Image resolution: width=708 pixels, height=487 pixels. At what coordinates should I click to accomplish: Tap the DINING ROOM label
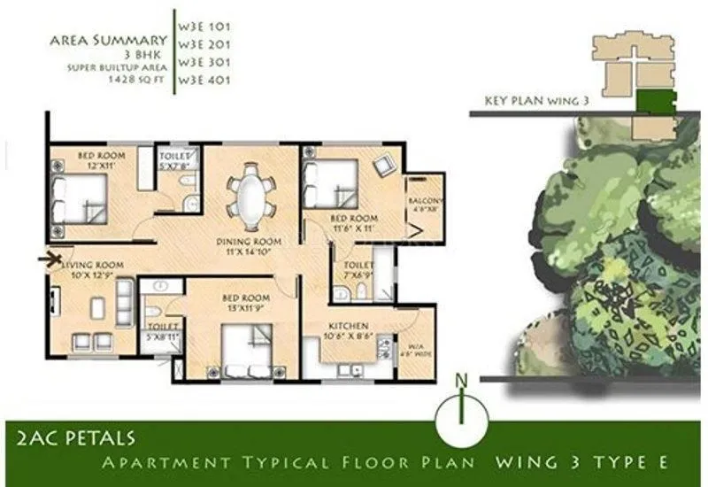tap(250, 242)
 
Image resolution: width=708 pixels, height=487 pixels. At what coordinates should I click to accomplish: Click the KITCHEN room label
tap(348, 325)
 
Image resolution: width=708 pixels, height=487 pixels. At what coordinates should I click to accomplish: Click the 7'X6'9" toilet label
tap(358, 269)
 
